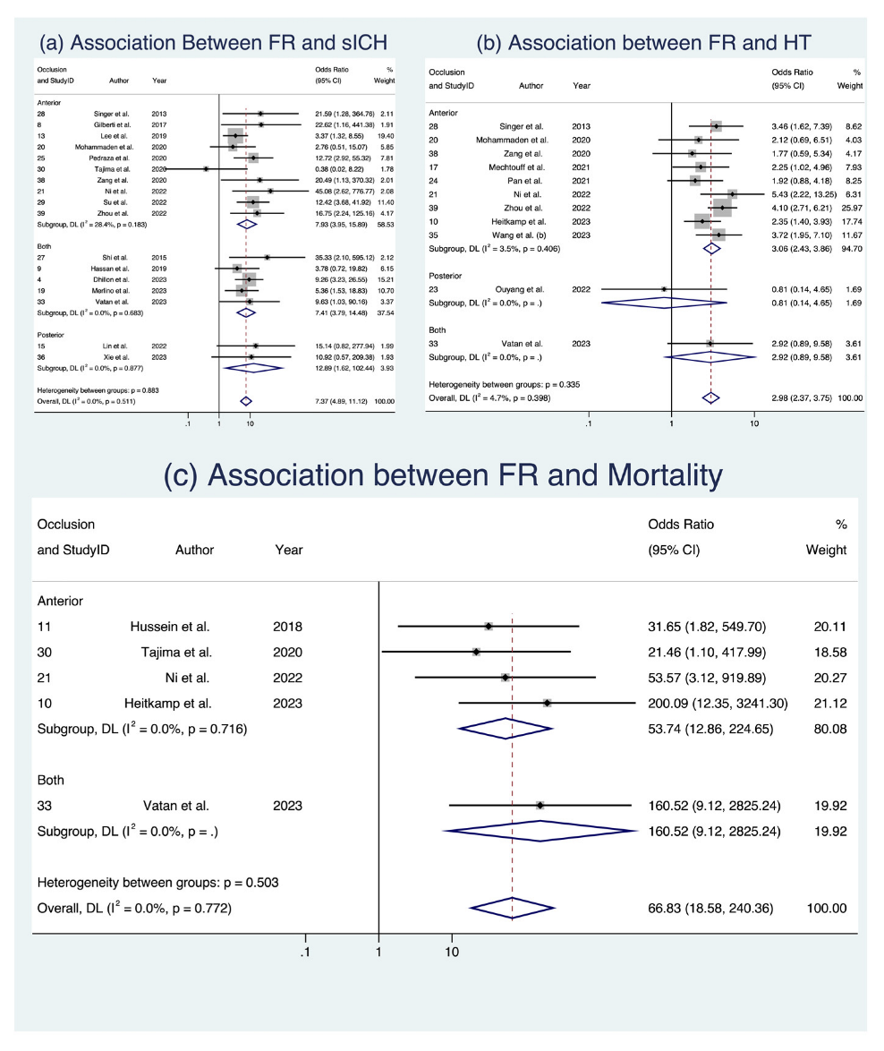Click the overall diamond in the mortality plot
512,909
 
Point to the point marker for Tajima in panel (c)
477,652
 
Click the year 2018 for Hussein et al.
288,626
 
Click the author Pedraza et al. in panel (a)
113,157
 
